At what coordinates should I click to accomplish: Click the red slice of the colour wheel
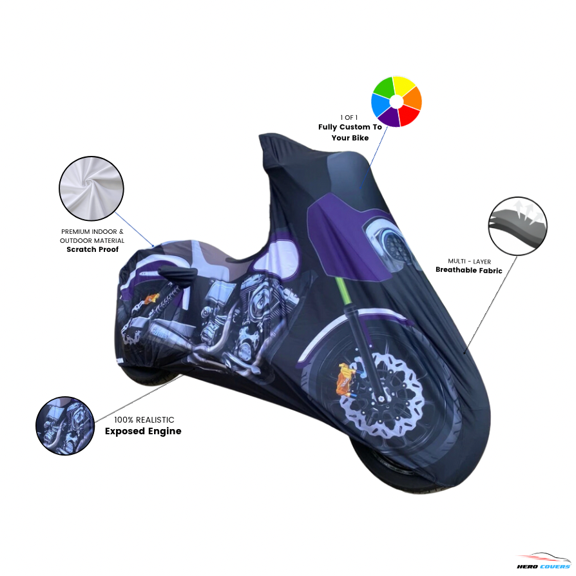coord(409,115)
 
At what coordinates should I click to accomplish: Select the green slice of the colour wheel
coord(383,88)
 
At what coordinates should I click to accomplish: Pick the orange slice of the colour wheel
coord(413,98)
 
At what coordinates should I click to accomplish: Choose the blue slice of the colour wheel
coord(380,105)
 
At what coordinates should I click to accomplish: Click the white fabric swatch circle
coord(91,188)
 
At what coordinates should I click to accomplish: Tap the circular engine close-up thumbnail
coord(65,426)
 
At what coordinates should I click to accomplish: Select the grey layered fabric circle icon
coord(517,226)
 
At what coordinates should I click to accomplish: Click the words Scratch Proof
coord(93,249)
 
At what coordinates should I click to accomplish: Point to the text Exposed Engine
coord(143,431)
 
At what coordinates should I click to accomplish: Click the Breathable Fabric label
coord(469,270)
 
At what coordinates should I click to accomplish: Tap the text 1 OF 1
coord(349,117)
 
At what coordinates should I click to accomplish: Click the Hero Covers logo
coord(544,561)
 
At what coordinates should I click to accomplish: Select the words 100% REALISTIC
coord(144,420)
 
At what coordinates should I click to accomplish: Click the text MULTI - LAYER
coord(469,261)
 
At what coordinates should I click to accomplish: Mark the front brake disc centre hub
coord(380,398)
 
